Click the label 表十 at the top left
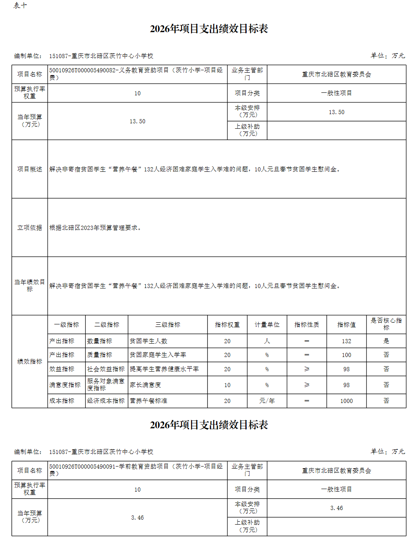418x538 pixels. coord(20,5)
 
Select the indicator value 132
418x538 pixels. coord(346,341)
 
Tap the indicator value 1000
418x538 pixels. coord(346,401)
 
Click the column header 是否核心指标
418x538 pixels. coord(386,324)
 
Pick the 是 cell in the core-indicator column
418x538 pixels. coord(386,341)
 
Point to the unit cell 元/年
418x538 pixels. coord(267,401)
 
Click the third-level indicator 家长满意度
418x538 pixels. coord(145,385)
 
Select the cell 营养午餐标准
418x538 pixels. coord(148,401)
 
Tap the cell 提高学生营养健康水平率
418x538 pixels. coord(164,369)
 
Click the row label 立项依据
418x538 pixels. coord(30,228)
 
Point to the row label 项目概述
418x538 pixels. coord(30,169)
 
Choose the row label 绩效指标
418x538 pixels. coord(30,361)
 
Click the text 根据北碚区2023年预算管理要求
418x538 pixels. coord(95,228)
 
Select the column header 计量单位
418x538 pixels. coord(267,325)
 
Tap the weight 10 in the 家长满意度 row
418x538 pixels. coord(227,385)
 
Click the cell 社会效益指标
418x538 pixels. coord(106,369)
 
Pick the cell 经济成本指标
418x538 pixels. coord(106,401)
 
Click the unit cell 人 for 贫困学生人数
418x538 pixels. coord(267,341)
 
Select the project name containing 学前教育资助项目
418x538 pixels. coord(136,470)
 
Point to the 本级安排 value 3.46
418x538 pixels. coord(336,508)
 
